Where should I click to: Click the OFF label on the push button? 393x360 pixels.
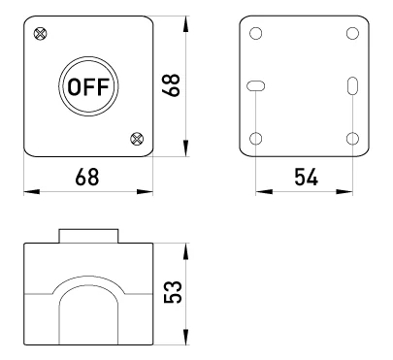coord(88,86)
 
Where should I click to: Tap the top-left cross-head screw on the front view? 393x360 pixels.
coord(40,34)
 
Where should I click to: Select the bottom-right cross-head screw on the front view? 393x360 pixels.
coord(137,139)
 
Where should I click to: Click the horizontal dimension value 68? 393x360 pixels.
coord(87,177)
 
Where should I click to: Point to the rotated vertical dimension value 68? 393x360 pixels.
coord(171,85)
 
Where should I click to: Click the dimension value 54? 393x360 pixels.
coord(306,177)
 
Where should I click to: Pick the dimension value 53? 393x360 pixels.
coord(173,292)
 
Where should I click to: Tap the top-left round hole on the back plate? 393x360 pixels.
coord(256,33)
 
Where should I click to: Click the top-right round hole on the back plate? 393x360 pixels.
coord(352,33)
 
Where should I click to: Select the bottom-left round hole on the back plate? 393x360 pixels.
coord(256,139)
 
